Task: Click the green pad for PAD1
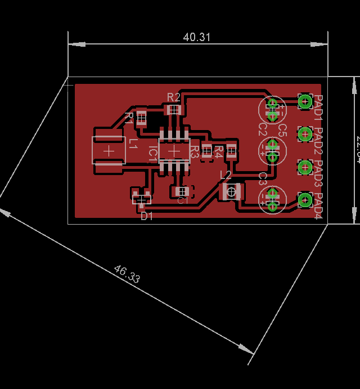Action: pyautogui.click(x=305, y=101)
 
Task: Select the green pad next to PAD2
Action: pyautogui.click(x=305, y=134)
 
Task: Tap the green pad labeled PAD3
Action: pyautogui.click(x=305, y=167)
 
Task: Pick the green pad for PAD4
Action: pyautogui.click(x=305, y=199)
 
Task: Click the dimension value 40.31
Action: pyautogui.click(x=197, y=37)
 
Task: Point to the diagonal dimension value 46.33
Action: pyautogui.click(x=127, y=274)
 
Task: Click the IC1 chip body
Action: pyautogui.click(x=174, y=151)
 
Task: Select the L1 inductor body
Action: pyautogui.click(x=109, y=151)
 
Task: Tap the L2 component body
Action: pyautogui.click(x=231, y=191)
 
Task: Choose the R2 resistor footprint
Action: pyautogui.click(x=174, y=109)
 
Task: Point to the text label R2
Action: pyautogui.click(x=174, y=97)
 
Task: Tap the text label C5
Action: pyautogui.click(x=283, y=130)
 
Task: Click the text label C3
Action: pyautogui.click(x=262, y=179)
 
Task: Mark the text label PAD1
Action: pyautogui.click(x=318, y=107)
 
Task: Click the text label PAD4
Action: pyautogui.click(x=318, y=206)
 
